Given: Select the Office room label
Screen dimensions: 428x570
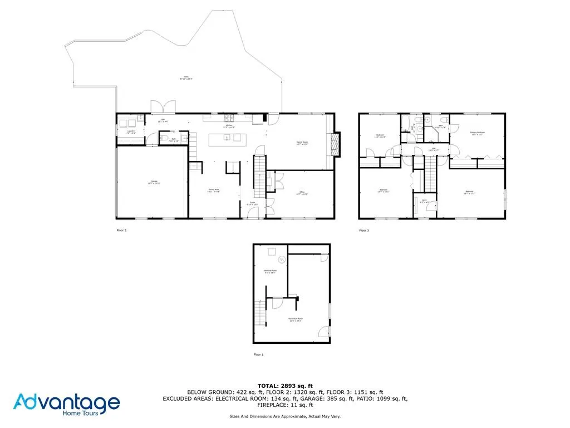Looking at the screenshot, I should pyautogui.click(x=302, y=193).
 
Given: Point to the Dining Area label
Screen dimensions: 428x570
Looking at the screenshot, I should pyautogui.click(x=214, y=191).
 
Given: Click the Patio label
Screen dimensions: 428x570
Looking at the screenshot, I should pyautogui.click(x=185, y=77).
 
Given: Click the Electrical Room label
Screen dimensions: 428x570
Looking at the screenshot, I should pyautogui.click(x=270, y=271).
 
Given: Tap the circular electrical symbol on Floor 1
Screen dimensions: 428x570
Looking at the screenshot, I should pyautogui.click(x=281, y=260).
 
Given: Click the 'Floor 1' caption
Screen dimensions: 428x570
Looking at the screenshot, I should pyautogui.click(x=258, y=354).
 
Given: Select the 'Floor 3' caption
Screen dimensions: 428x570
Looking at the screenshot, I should pyautogui.click(x=363, y=230).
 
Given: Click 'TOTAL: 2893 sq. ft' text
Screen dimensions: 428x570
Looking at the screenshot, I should pyautogui.click(x=284, y=386).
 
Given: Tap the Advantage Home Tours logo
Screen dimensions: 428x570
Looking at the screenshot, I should pyautogui.click(x=66, y=404).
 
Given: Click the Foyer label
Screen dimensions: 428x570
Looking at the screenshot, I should pyautogui.click(x=252, y=203).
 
